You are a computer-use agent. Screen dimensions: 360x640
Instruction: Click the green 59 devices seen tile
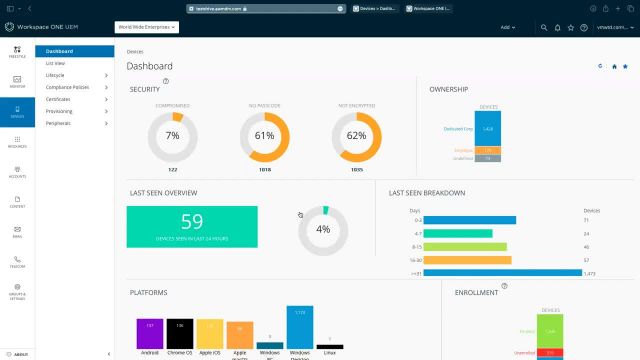[192, 227]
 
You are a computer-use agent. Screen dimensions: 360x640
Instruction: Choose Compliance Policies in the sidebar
[66, 87]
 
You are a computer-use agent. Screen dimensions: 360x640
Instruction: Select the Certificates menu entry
[58, 99]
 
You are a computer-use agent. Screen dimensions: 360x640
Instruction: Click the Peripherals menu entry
[58, 123]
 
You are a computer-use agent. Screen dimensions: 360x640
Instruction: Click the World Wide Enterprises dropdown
[147, 28]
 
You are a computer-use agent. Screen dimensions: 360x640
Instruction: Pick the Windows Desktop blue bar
[300, 326]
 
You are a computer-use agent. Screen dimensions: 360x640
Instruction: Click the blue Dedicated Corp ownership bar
[487, 129]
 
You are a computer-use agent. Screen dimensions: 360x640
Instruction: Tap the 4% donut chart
[323, 229]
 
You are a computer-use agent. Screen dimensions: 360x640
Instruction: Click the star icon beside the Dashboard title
[626, 66]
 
